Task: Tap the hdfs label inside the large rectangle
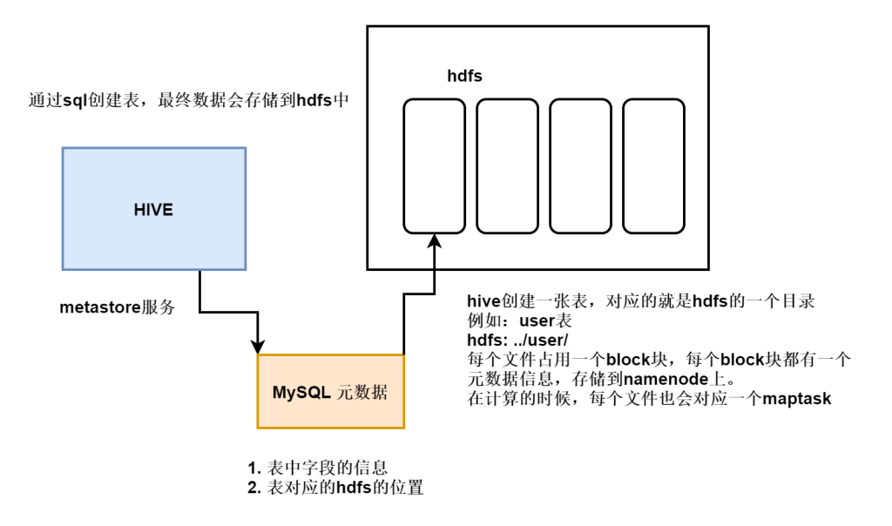pyautogui.click(x=464, y=77)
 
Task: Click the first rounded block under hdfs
pyautogui.click(x=434, y=166)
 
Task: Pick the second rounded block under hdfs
pyautogui.click(x=507, y=166)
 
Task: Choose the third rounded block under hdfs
pyautogui.click(x=580, y=166)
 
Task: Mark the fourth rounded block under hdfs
pyautogui.click(x=653, y=166)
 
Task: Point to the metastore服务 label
pyautogui.click(x=118, y=308)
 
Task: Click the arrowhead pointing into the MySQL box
pyautogui.click(x=259, y=346)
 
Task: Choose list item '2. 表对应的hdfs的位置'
pyautogui.click(x=335, y=489)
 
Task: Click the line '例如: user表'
pyautogui.click(x=516, y=320)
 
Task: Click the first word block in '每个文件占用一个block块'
pyautogui.click(x=628, y=360)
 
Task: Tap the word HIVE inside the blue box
pyautogui.click(x=153, y=210)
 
